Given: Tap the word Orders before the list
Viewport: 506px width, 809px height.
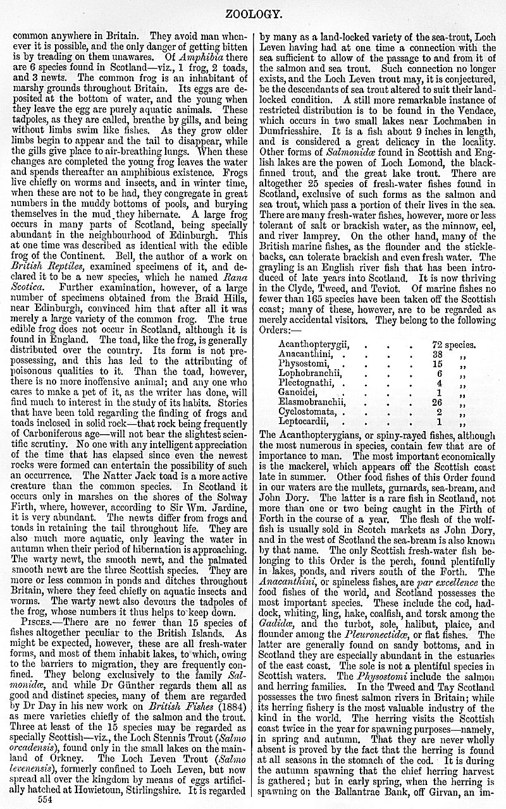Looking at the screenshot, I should (x=279, y=329).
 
